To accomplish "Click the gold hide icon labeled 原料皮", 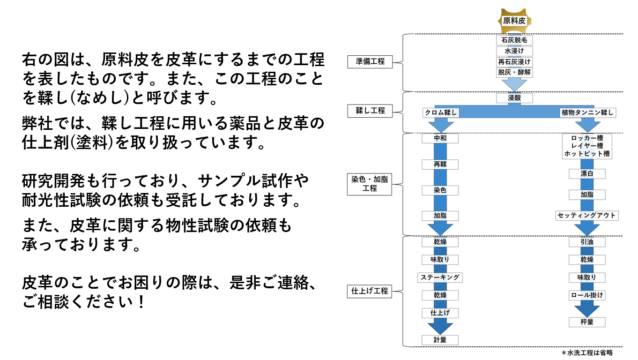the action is (x=514, y=21).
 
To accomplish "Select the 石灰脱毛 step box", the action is (x=514, y=40).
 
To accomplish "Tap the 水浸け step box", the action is (x=514, y=51).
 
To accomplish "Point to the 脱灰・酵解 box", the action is (x=514, y=72).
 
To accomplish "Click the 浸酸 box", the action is (x=514, y=98).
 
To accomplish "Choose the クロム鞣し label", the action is (x=441, y=112).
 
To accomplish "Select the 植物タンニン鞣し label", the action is (x=587, y=112).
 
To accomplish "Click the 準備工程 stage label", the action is (x=370, y=61).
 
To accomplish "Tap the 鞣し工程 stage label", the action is (x=370, y=111).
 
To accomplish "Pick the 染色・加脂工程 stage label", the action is (x=370, y=184).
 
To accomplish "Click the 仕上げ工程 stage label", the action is (x=370, y=291).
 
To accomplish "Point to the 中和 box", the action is (x=440, y=139).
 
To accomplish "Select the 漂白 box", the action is (x=587, y=174).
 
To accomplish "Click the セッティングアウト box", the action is (x=587, y=216).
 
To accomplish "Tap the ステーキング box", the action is (x=440, y=277).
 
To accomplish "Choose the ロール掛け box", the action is (x=587, y=295).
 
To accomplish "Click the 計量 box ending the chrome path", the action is (x=440, y=340).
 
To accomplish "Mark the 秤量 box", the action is (x=587, y=322).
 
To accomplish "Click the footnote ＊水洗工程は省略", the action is (x=587, y=353).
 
